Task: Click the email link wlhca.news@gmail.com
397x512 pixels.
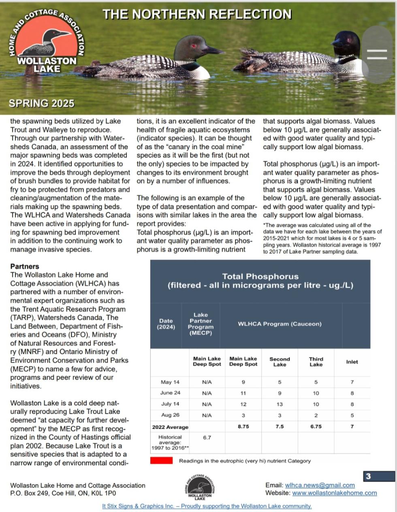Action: point(320,485)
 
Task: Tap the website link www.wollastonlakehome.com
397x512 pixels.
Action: point(335,493)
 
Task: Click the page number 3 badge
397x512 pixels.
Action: point(368,476)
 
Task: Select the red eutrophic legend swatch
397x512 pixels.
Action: point(161,461)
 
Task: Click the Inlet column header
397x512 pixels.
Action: point(352,362)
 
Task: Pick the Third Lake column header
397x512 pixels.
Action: point(316,362)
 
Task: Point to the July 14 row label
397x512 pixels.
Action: point(170,404)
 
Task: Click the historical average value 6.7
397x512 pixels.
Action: point(207,438)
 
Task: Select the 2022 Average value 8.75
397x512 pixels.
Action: point(243,427)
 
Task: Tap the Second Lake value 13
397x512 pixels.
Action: point(280,404)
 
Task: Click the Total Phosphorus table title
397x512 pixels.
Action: point(260,281)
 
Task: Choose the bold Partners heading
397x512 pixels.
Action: point(25,266)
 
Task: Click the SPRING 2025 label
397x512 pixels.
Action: point(42,103)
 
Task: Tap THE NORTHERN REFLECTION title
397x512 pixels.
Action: point(197,14)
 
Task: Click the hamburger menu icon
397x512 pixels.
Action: point(377,55)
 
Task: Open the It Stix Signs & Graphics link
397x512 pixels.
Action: point(207,506)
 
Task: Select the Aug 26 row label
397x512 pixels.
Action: point(170,415)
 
